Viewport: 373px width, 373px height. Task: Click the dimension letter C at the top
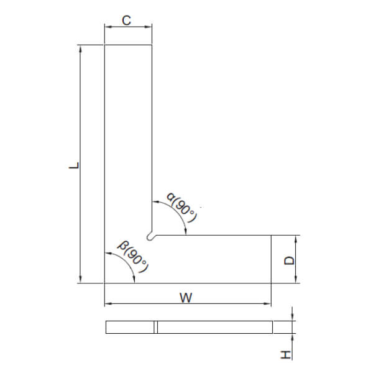(x=126, y=21)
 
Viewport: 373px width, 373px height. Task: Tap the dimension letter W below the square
(x=185, y=297)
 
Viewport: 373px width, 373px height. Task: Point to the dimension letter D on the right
(x=289, y=260)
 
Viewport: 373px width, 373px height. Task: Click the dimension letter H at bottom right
(x=285, y=354)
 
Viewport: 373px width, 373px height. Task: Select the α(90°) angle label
(x=182, y=209)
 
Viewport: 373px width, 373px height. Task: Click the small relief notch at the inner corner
(x=150, y=236)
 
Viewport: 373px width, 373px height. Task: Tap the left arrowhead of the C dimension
(x=106, y=27)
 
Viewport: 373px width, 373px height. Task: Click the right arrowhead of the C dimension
(x=150, y=27)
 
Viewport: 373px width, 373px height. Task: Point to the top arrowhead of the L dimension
(x=80, y=47)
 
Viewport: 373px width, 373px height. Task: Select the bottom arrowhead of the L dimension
(x=80, y=280)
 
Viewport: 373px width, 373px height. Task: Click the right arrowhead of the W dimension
(x=269, y=304)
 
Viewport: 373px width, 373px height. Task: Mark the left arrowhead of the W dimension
(x=106, y=304)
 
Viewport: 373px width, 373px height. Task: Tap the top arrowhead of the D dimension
(x=295, y=237)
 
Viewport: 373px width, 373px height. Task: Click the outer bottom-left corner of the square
(x=104, y=283)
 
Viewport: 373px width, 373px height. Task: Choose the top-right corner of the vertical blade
(x=153, y=45)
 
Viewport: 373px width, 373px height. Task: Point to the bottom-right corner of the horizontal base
(x=272, y=283)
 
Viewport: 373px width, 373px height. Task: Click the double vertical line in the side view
(x=156, y=327)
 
